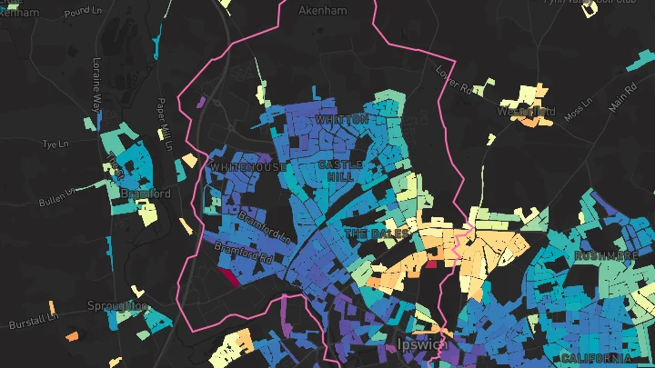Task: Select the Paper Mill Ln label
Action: (x=165, y=124)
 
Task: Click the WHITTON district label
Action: (x=341, y=119)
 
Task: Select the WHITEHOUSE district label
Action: (x=247, y=168)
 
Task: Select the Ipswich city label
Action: (x=424, y=344)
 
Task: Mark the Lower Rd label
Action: (x=457, y=80)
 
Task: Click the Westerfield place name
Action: (x=526, y=112)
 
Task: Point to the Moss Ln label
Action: (x=578, y=113)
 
